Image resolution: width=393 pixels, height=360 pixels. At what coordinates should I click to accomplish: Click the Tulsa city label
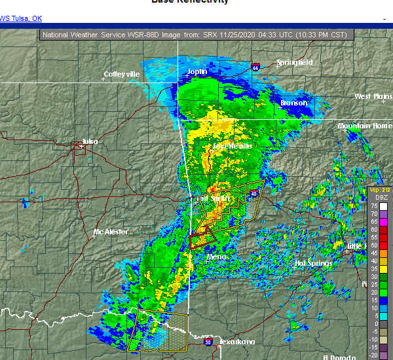click(90, 141)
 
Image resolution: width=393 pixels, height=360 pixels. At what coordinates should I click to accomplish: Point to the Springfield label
click(295, 62)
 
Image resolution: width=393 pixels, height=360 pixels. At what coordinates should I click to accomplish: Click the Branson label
click(293, 103)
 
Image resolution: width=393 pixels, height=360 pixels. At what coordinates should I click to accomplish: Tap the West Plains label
click(373, 96)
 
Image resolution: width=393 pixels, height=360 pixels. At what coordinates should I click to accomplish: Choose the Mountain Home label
click(364, 125)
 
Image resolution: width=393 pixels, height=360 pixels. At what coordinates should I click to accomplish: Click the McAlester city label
click(111, 232)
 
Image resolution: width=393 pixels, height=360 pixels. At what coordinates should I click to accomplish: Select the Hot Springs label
click(314, 263)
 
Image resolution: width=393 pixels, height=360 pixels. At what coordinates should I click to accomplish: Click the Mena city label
click(216, 257)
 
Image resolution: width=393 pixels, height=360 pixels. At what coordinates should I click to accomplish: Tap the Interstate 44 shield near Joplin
click(255, 66)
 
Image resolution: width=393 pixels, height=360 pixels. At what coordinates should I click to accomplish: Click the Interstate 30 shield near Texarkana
click(208, 342)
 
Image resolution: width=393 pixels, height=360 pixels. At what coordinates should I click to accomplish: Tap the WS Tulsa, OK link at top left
click(21, 18)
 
